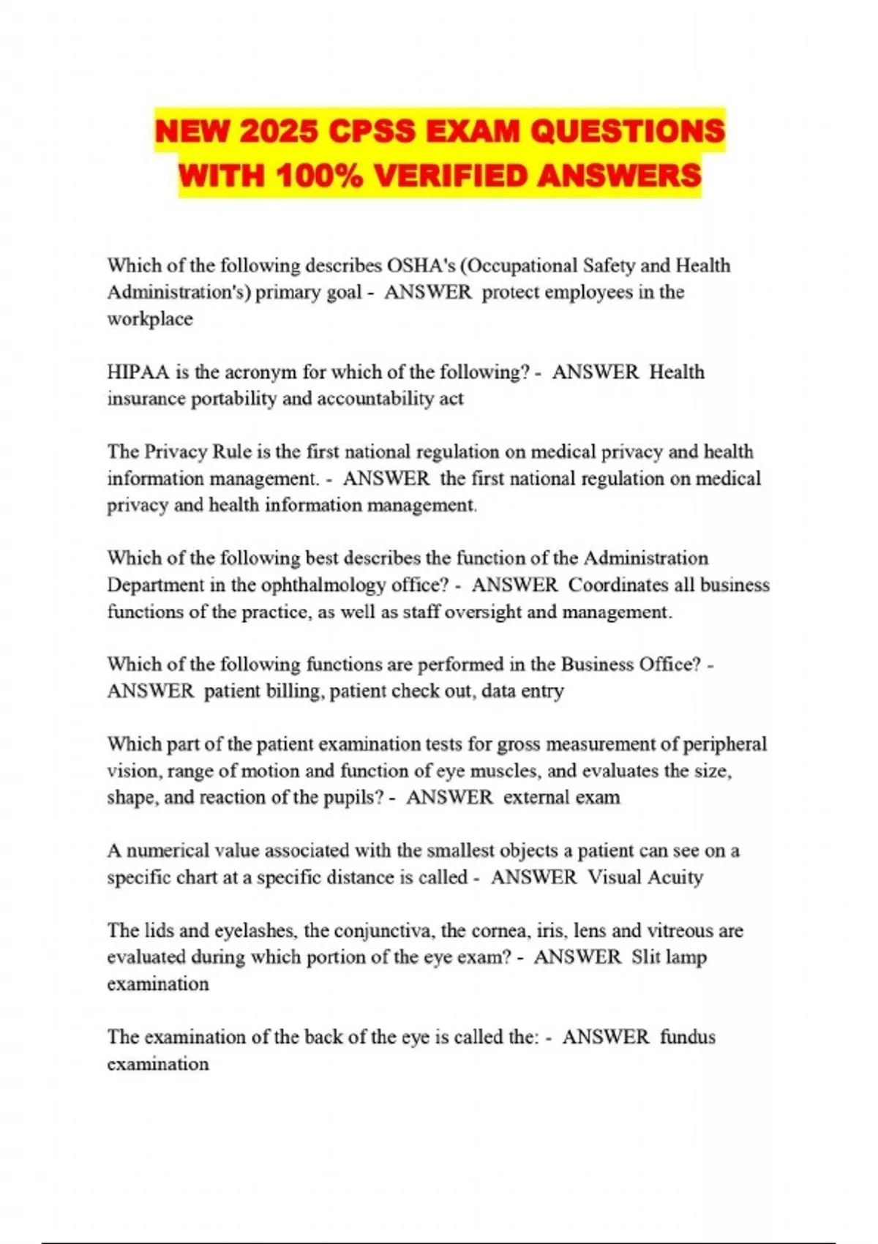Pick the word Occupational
click(519, 265)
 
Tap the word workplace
click(150, 319)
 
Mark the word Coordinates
click(618, 585)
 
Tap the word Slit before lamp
click(646, 957)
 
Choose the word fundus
click(688, 1037)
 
